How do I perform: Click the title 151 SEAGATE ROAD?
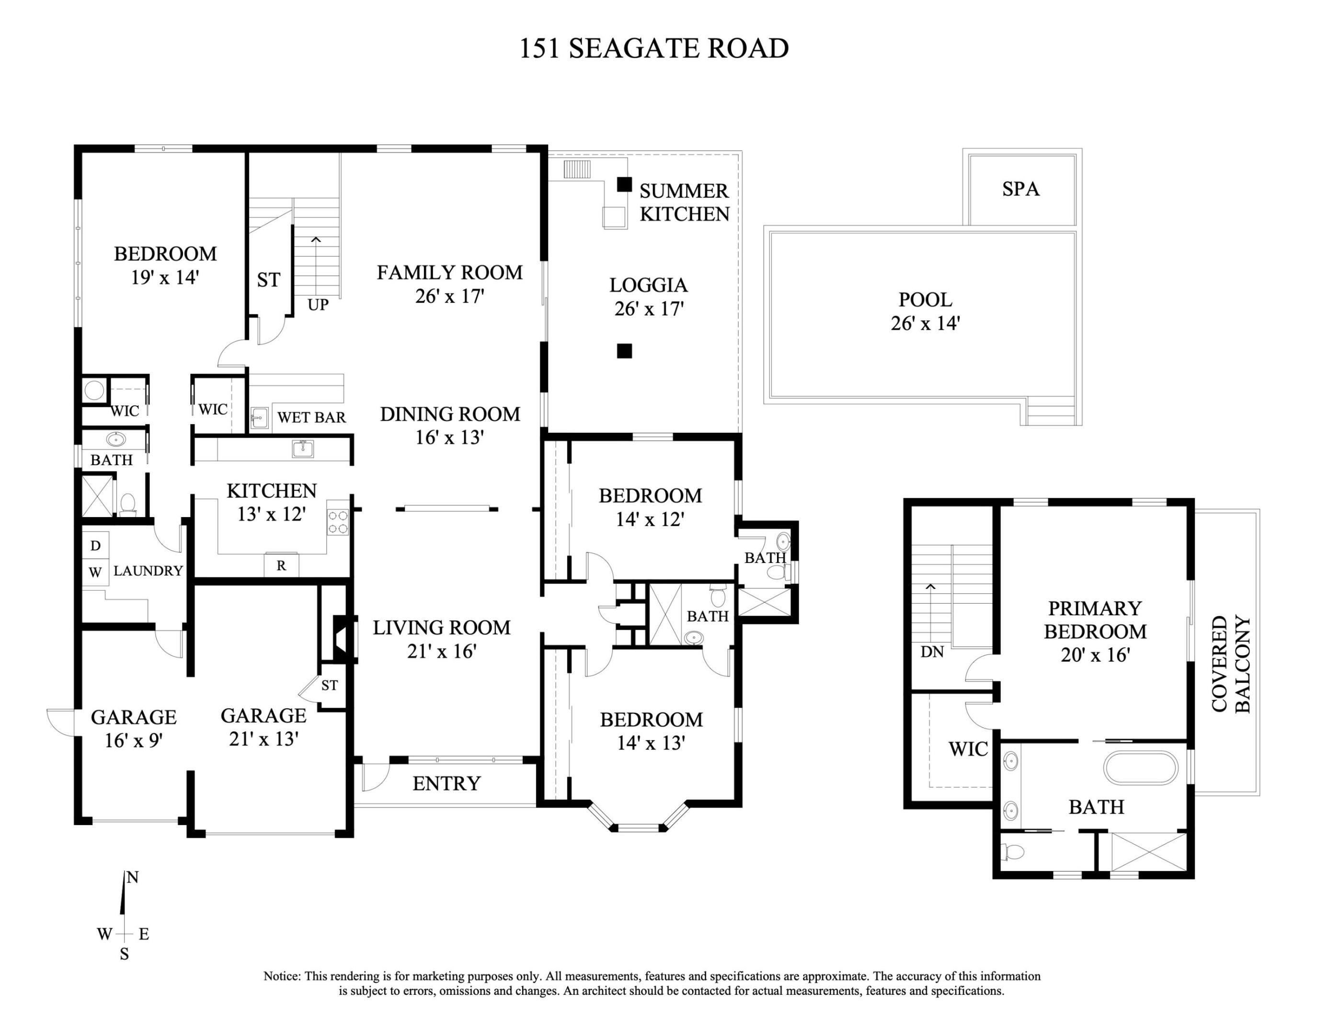(x=653, y=48)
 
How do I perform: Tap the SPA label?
(x=1021, y=189)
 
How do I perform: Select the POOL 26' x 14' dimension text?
(x=925, y=323)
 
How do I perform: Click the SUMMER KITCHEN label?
(x=684, y=202)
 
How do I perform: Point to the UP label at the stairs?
(x=318, y=305)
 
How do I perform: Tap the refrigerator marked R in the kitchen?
(x=281, y=565)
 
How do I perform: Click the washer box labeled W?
(x=95, y=573)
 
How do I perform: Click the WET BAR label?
(x=311, y=417)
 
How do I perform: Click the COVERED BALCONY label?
(x=1230, y=664)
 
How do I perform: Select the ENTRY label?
(x=446, y=783)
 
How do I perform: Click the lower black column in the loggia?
(x=624, y=351)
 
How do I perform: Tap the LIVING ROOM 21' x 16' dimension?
(x=441, y=651)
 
